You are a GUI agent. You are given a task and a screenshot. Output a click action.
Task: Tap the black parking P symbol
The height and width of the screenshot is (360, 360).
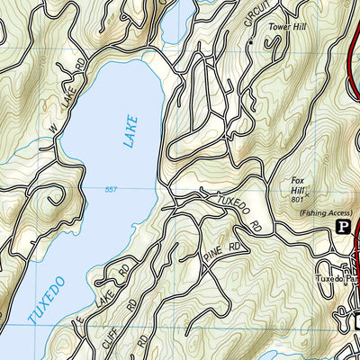pos(342,229)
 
